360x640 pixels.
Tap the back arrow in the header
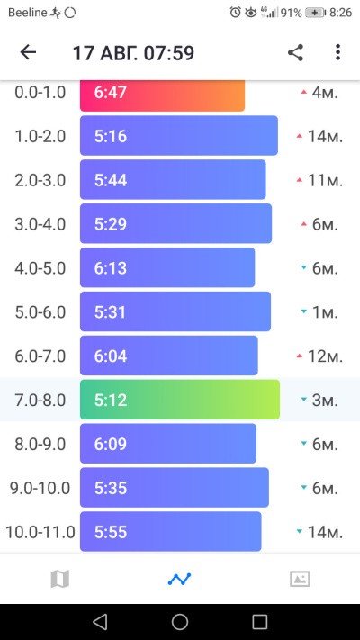coord(28,52)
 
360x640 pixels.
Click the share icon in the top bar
coord(295,52)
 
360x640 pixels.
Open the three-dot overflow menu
coord(337,52)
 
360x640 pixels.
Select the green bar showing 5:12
coord(180,400)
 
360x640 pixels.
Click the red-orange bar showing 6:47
coord(162,95)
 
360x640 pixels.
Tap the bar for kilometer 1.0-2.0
coord(179,136)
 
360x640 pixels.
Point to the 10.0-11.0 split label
coord(40,532)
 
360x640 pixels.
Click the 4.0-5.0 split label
coord(40,268)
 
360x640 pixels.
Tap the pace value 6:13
coord(110,268)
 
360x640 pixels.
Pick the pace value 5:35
coord(110,488)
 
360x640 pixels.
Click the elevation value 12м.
coord(325,356)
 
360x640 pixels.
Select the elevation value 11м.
coord(325,180)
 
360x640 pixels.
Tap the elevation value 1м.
coord(325,312)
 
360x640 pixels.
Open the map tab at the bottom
coord(60,579)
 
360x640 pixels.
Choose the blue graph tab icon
coord(180,579)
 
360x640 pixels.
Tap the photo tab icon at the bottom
coord(300,579)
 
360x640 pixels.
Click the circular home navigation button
coord(180,622)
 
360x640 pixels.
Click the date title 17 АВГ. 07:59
coord(133,53)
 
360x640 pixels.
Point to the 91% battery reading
coord(292,13)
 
